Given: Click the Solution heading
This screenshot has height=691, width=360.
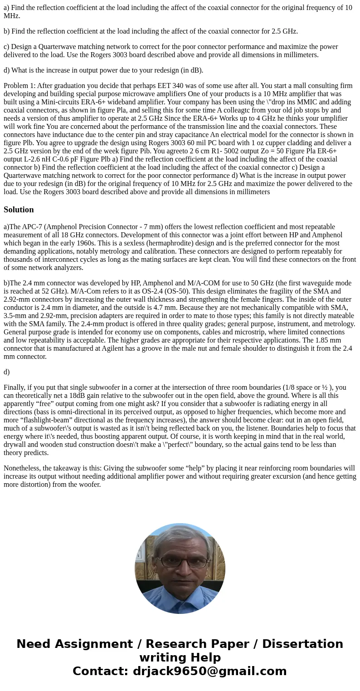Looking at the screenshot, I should coord(19,210).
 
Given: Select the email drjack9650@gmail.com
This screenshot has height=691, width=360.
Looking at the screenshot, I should coord(209,671).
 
